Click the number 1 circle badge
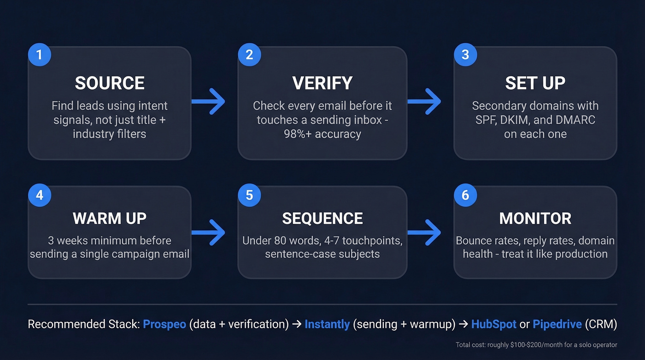coord(39,55)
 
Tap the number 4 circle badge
coord(39,195)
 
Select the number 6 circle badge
coord(465,195)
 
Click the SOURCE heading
coord(110,83)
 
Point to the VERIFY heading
coord(322,83)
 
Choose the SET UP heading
coord(535,83)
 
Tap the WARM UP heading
coord(110,218)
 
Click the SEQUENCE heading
coord(322,218)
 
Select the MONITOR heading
coord(535,218)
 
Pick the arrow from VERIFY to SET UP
coord(424,101)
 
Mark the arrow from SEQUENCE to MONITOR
coord(424,232)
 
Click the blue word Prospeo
coord(164,324)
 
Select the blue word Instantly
coord(327,324)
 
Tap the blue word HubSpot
coord(493,324)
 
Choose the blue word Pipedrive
coord(557,324)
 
